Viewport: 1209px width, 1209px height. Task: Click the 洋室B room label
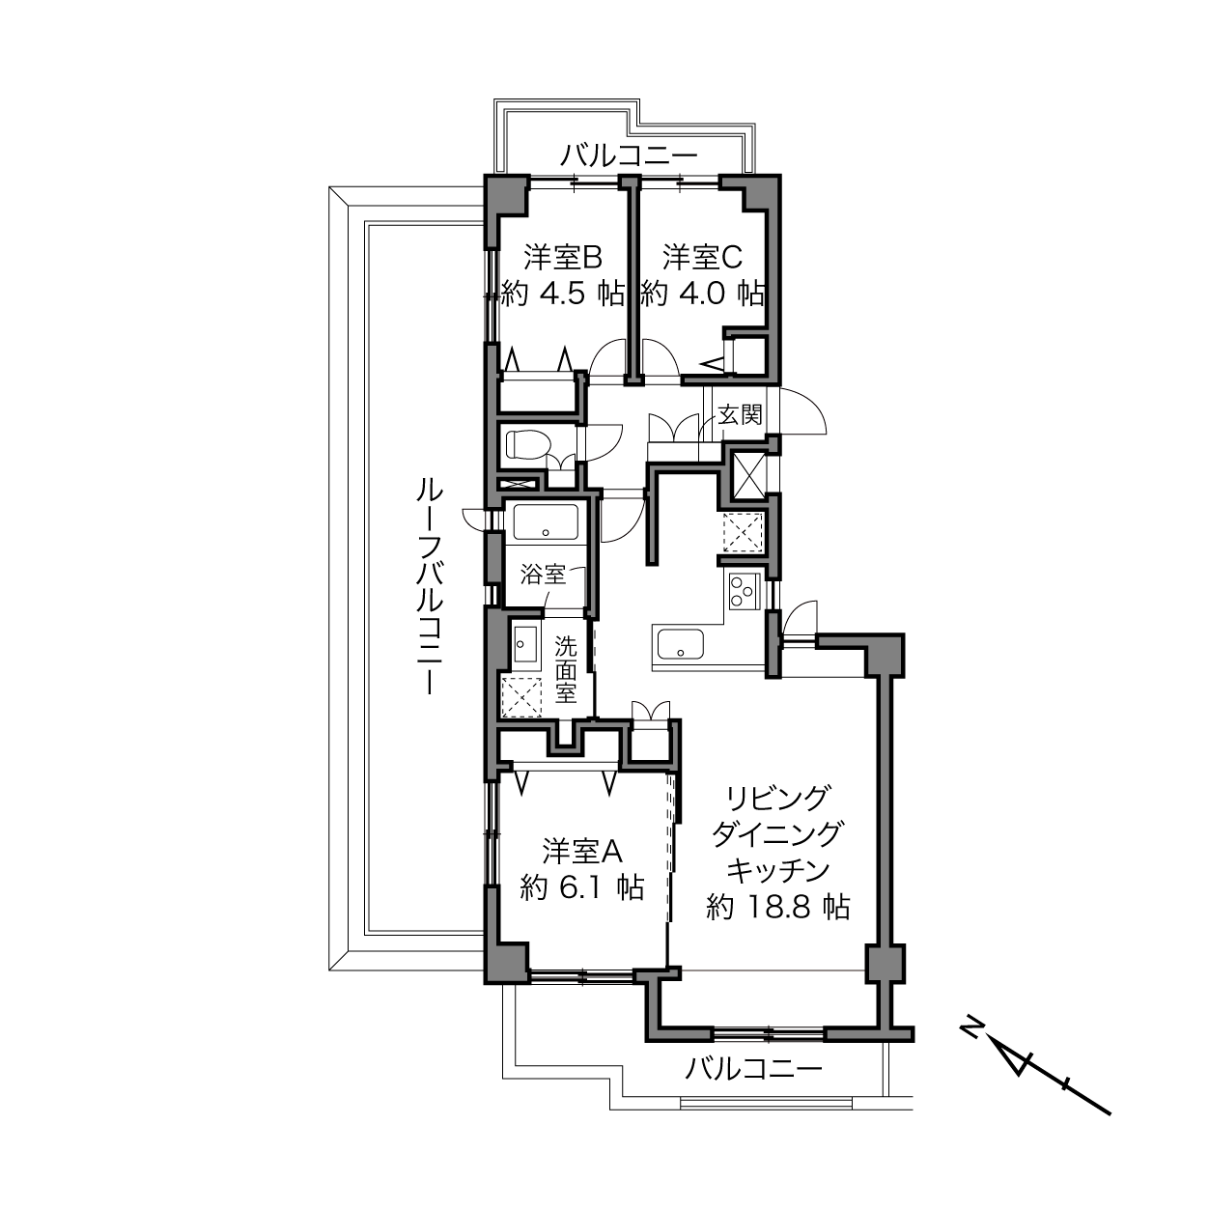click(x=563, y=258)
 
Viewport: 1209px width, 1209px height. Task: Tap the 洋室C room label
click(x=702, y=258)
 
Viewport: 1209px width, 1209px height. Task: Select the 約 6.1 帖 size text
click(x=581, y=887)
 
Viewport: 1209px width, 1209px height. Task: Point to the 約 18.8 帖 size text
click(x=777, y=907)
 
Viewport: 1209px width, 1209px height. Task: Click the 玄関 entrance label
click(x=741, y=414)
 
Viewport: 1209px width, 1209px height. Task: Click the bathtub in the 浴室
click(x=546, y=522)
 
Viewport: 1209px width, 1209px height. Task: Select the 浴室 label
click(x=544, y=575)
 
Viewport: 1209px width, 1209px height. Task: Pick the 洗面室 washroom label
click(x=565, y=669)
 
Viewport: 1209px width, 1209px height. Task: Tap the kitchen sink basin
click(x=680, y=644)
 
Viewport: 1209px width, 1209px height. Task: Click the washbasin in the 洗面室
click(x=525, y=643)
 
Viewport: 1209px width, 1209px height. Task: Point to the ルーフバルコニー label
click(x=430, y=585)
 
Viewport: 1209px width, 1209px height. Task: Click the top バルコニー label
click(x=629, y=155)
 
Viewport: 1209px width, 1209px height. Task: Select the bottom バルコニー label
click(x=753, y=1067)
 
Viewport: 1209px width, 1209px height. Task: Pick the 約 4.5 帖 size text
click(x=563, y=293)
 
